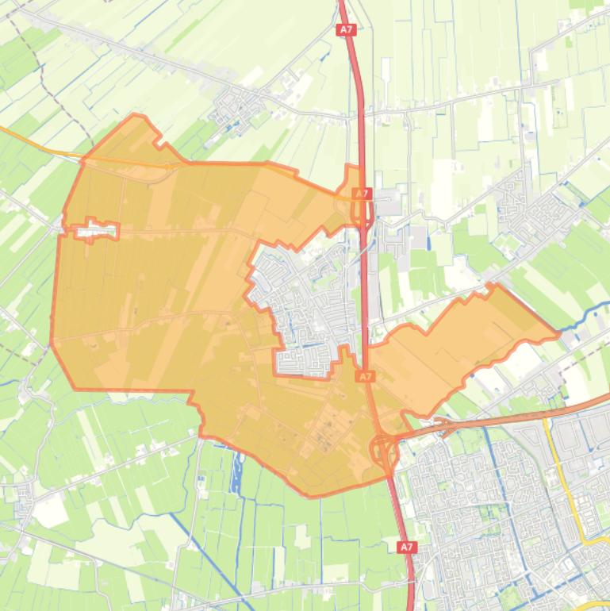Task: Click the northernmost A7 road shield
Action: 345,30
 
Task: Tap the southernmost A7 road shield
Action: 405,548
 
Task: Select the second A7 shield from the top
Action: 361,194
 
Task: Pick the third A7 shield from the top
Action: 365,377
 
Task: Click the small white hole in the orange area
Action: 94,230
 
